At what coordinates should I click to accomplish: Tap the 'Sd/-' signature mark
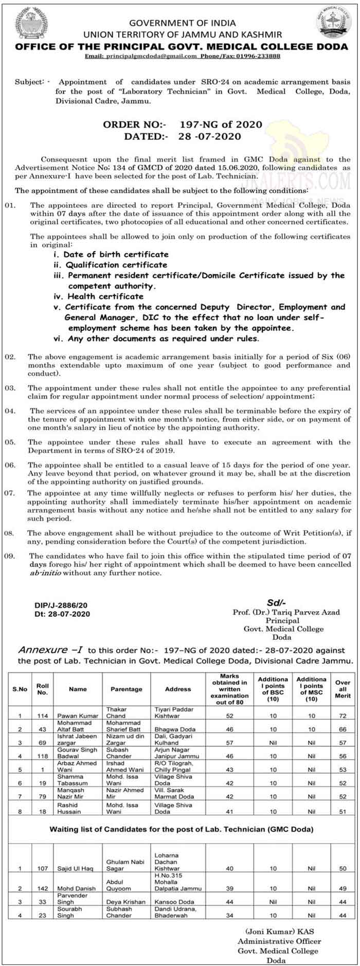click(x=276, y=603)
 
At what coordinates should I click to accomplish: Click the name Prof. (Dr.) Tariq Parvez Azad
click(x=286, y=612)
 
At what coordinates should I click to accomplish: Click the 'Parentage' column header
click(x=126, y=689)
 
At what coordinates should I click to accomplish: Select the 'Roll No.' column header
click(x=43, y=689)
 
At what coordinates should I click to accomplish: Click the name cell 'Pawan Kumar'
click(x=78, y=715)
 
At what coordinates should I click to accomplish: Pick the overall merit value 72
click(x=343, y=715)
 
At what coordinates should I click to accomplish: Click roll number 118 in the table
click(x=43, y=757)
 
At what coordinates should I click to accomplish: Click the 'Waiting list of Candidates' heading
click(x=181, y=829)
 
